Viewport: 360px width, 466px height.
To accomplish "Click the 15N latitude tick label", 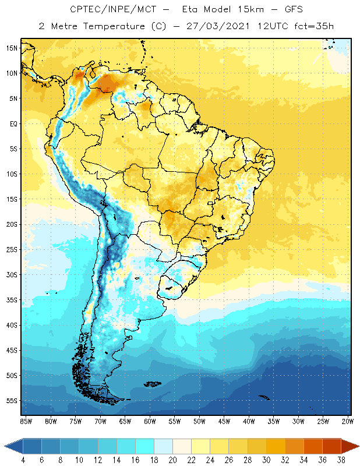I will click(x=12, y=48).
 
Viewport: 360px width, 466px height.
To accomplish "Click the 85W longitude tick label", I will click(x=26, y=421).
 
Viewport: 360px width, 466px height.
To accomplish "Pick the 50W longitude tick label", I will click(x=200, y=421).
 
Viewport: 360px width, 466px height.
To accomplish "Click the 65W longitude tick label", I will click(x=125, y=421).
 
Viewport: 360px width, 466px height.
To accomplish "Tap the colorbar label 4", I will click(x=23, y=460).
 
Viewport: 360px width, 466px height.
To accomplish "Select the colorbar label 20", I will click(x=173, y=460).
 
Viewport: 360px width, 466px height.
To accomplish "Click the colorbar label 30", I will click(x=266, y=460).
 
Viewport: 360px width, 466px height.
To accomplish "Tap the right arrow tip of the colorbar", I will click(x=358, y=446).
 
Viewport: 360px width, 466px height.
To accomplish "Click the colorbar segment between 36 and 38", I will click(x=331, y=446).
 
